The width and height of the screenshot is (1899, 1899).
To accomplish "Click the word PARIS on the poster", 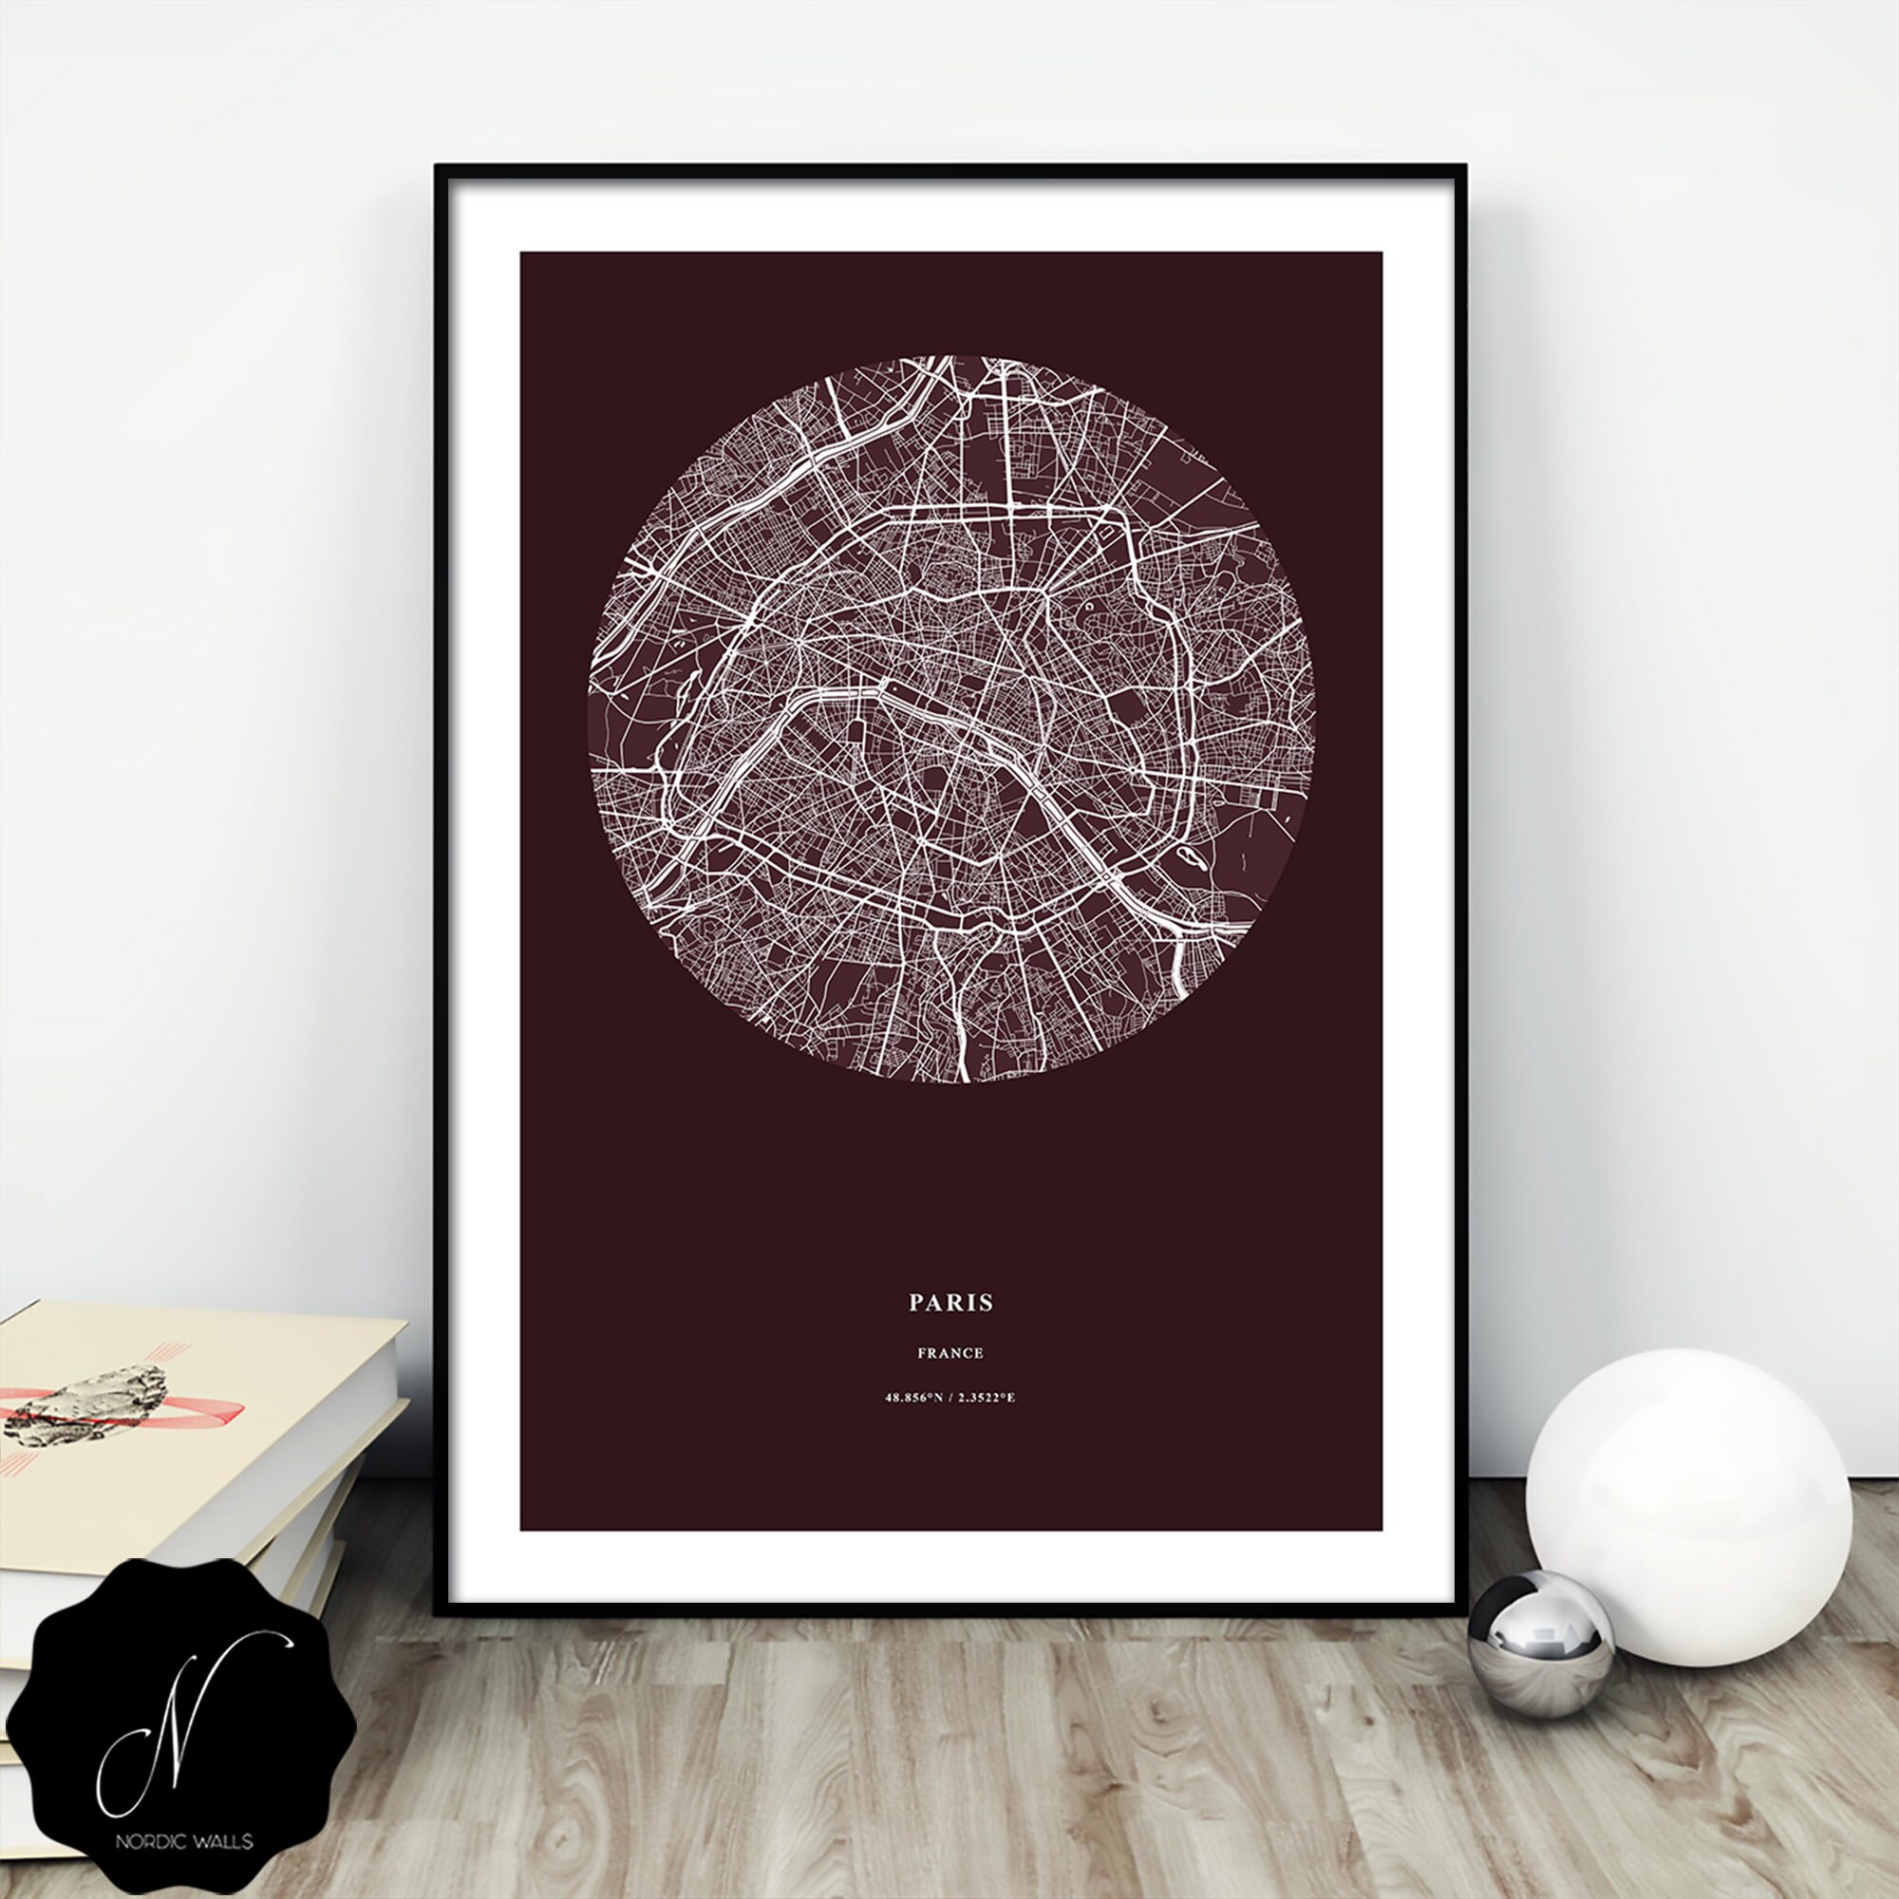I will (x=950, y=1303).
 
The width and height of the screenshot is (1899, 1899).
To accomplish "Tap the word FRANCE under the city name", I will (x=950, y=1353).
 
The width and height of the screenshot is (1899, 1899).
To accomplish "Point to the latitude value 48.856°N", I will (x=913, y=1398).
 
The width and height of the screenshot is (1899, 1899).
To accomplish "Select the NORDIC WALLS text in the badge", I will (x=184, y=1840).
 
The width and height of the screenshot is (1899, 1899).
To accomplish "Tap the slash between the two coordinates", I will (x=950, y=1398).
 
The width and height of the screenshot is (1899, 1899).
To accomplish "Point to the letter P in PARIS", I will (x=916, y=1303).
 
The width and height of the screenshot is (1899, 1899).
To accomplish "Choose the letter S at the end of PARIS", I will (x=987, y=1303).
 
